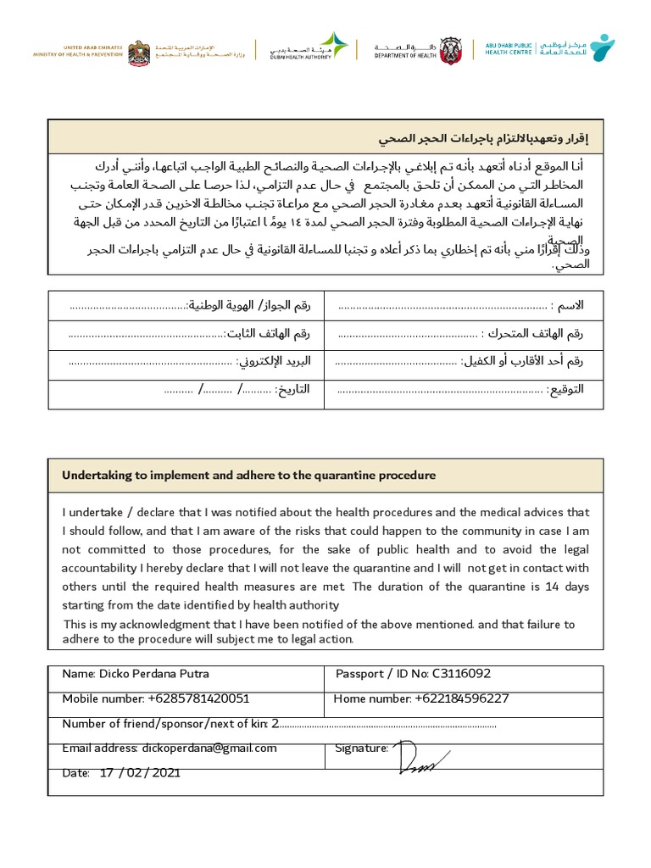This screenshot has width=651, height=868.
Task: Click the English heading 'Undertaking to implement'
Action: pos(248,476)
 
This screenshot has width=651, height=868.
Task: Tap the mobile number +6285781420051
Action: pos(198,698)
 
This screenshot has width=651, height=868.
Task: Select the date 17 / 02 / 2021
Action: pos(140,772)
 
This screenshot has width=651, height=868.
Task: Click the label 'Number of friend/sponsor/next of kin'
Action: pos(165,723)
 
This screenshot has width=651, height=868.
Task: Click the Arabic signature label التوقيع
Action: pos(565,390)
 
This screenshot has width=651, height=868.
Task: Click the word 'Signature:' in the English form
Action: pos(362,748)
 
